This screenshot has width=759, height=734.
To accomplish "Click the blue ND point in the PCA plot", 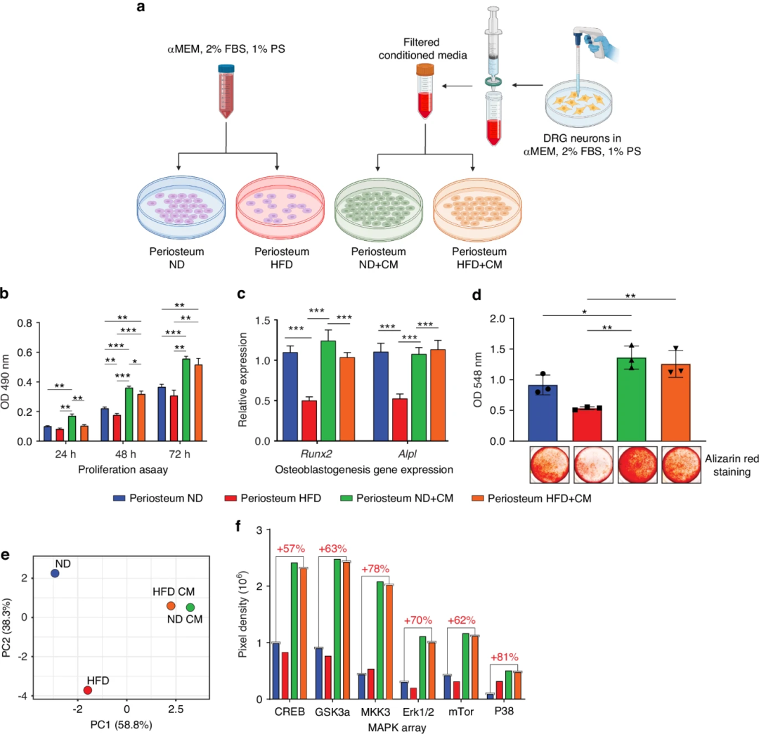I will (55, 574).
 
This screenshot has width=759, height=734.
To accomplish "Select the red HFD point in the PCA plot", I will (88, 690).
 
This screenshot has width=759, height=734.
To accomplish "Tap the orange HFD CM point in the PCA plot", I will (171, 605).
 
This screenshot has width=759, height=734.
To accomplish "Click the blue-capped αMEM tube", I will (226, 91).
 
